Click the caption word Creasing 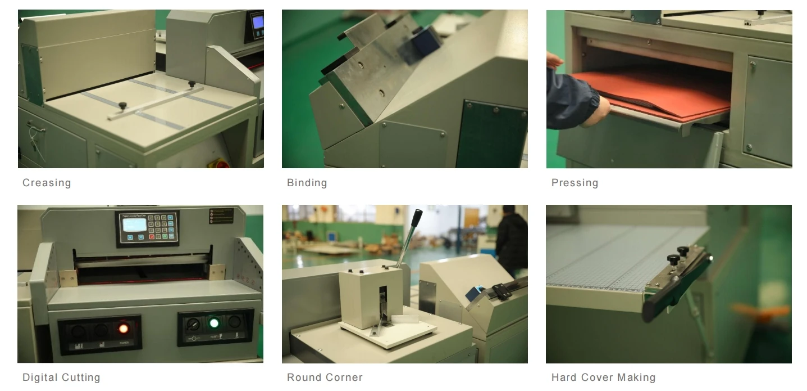tap(47, 183)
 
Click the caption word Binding tap(307, 183)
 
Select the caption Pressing tap(575, 183)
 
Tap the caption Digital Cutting tap(61, 377)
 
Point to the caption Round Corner tap(325, 377)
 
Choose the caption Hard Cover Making tap(603, 377)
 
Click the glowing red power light tap(122, 327)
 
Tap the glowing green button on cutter tap(213, 323)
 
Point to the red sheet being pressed tap(657, 93)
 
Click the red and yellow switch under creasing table tap(216, 164)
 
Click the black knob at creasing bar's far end tap(192, 84)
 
